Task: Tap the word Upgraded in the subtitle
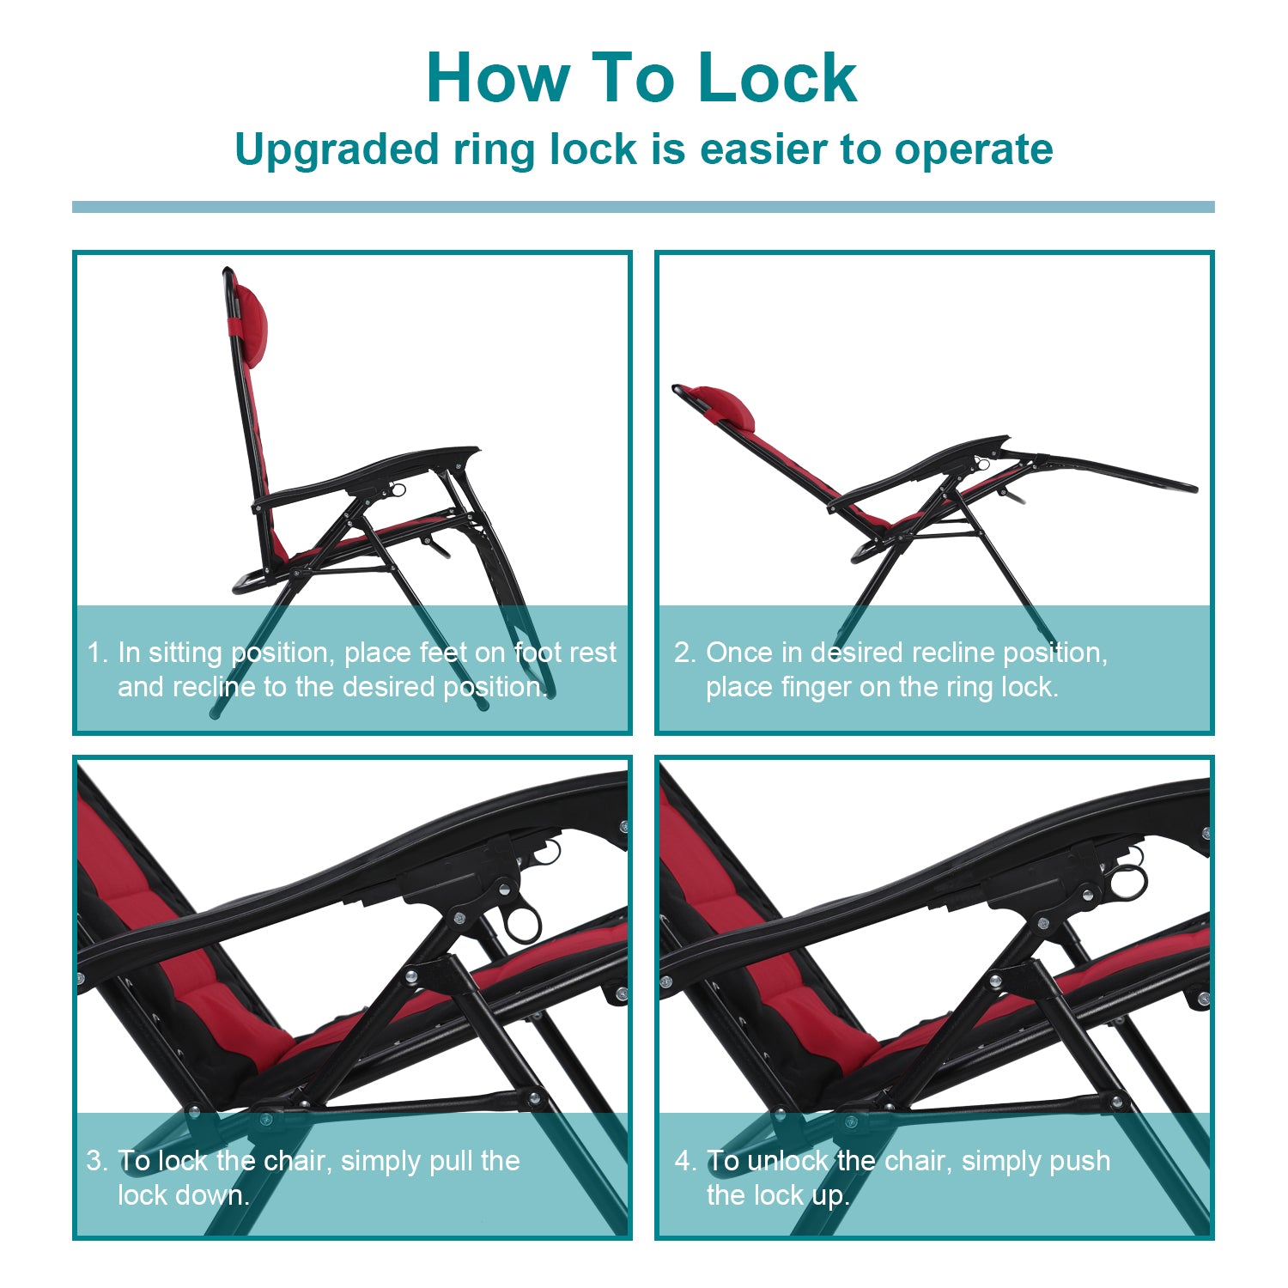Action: [x=337, y=150]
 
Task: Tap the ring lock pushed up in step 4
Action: [x=1127, y=880]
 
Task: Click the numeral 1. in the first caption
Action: [x=97, y=653]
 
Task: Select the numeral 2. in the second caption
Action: [x=684, y=653]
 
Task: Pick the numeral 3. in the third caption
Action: [x=97, y=1161]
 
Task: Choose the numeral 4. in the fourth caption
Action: [x=685, y=1161]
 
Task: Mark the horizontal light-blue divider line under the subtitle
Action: [x=643, y=207]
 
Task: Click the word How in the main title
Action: [x=498, y=78]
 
